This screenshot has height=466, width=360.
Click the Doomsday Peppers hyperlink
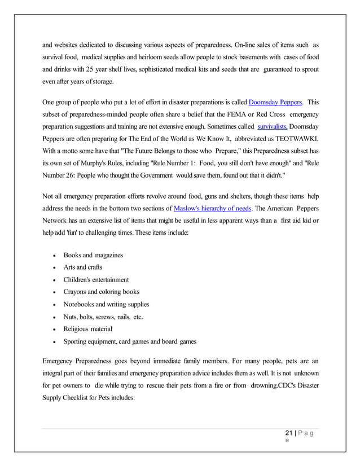[x=275, y=102]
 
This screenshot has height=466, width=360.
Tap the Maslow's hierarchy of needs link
[x=212, y=208]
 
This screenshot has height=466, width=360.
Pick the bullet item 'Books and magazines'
[x=93, y=255]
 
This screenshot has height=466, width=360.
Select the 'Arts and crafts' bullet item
[x=82, y=267]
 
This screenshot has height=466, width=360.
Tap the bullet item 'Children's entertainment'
[x=96, y=280]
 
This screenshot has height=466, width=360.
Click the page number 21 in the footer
[x=289, y=433]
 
